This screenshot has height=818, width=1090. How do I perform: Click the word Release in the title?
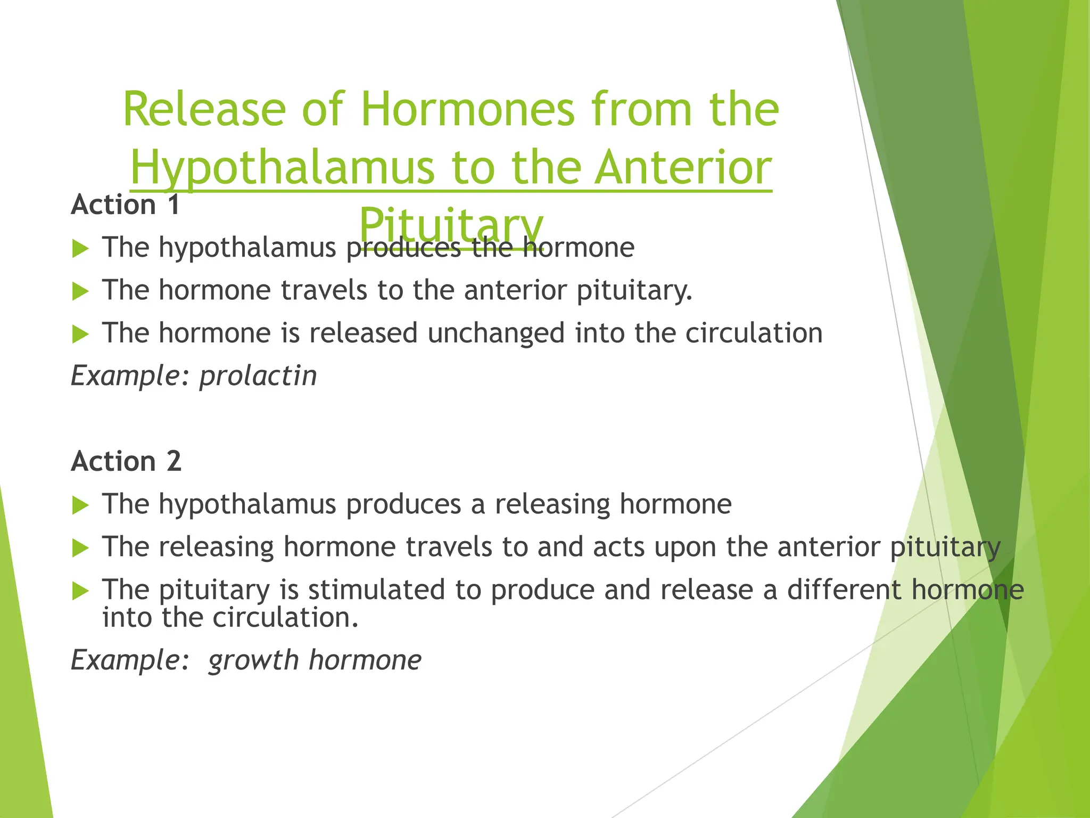pos(204,109)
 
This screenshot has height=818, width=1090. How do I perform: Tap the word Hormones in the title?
pos(468,109)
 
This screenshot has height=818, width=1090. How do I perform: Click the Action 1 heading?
pos(126,205)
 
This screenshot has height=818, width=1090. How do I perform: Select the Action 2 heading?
pos(126,461)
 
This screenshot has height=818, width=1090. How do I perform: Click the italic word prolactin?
pos(258,376)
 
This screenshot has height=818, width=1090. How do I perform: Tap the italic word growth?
pos(253,660)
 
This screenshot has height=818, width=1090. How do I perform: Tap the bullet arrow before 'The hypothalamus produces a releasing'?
pos(80,505)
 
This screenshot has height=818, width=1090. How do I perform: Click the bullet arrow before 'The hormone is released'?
pos(80,334)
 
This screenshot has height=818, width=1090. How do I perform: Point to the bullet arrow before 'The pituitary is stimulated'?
pos(80,591)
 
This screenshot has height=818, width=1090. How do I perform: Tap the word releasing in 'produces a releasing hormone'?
pos(552,504)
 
